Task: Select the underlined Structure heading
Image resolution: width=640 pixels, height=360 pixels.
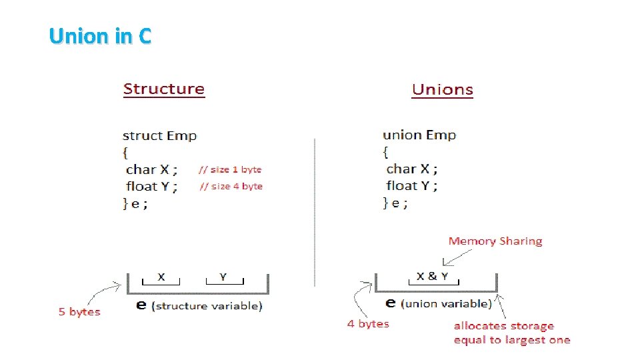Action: pyautogui.click(x=164, y=89)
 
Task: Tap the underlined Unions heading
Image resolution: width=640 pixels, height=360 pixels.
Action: pyautogui.click(x=443, y=90)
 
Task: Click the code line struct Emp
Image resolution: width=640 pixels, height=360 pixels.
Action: pyautogui.click(x=160, y=136)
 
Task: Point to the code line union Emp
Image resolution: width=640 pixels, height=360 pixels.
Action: pyautogui.click(x=419, y=135)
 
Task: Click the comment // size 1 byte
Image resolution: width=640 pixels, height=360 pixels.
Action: pyautogui.click(x=231, y=170)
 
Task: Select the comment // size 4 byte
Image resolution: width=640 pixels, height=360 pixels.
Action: pyautogui.click(x=231, y=187)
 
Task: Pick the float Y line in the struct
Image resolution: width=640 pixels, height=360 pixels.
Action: pyautogui.click(x=152, y=187)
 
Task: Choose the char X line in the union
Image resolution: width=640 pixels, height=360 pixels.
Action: pyautogui.click(x=412, y=169)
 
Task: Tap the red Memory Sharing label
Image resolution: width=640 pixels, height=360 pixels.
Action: pyautogui.click(x=495, y=241)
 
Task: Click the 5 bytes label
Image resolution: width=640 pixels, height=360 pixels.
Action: pyautogui.click(x=79, y=312)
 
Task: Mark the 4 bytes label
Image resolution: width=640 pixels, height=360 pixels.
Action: pyautogui.click(x=368, y=324)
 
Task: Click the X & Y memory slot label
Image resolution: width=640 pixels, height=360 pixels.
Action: pyautogui.click(x=432, y=276)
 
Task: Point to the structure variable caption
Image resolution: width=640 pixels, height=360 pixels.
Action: pyautogui.click(x=207, y=306)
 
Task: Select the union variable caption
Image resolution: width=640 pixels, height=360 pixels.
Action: pyautogui.click(x=446, y=303)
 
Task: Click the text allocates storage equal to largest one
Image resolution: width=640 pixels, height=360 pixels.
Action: pyautogui.click(x=512, y=333)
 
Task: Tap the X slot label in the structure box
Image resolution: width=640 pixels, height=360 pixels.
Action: pyautogui.click(x=161, y=276)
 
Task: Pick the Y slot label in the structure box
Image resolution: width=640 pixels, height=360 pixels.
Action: pyautogui.click(x=223, y=276)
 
